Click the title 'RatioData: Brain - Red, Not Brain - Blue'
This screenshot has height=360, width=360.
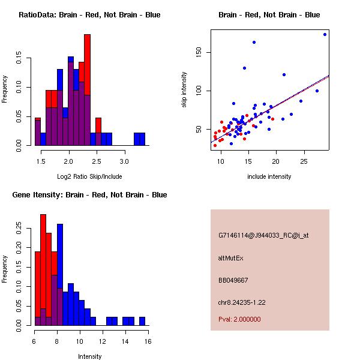click(89, 15)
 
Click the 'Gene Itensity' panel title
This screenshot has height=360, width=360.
click(89, 195)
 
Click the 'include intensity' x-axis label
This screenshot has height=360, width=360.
click(269, 177)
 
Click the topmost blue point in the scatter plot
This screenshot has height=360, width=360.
click(325, 34)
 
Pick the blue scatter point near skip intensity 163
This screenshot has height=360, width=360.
click(254, 42)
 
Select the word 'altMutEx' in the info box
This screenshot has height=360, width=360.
click(231, 258)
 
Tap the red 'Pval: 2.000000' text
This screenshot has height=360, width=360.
click(239, 319)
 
